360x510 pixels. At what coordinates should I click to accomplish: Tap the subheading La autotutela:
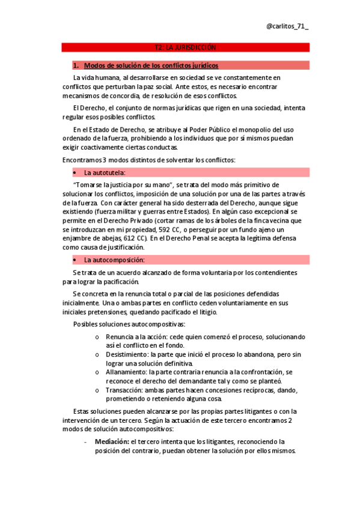coord(105,173)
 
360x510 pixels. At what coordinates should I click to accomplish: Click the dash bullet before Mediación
coord(88,441)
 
